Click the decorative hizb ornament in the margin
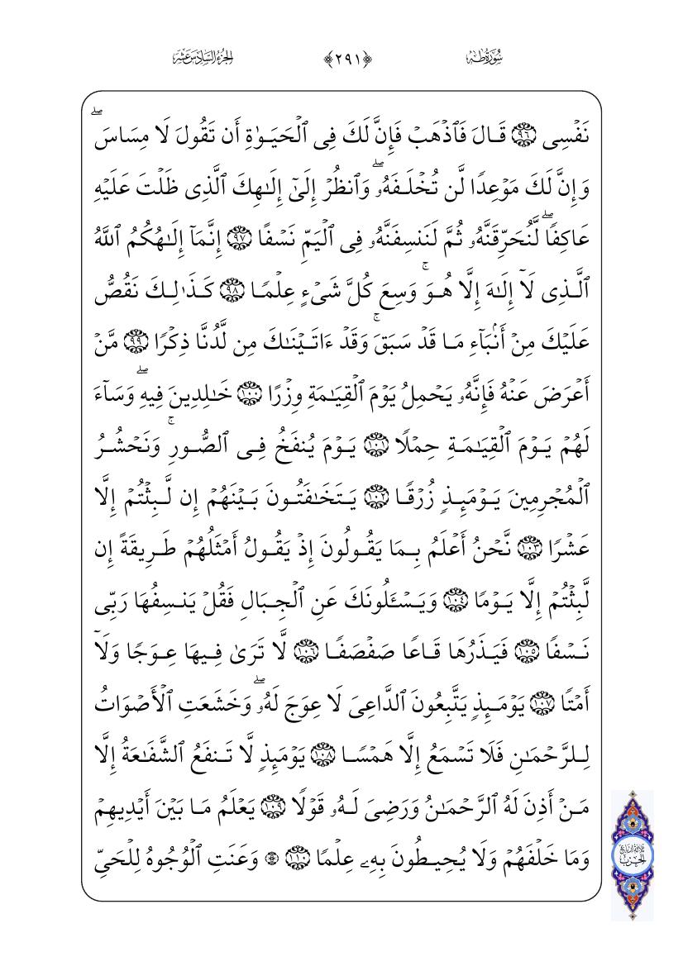pos(632,854)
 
